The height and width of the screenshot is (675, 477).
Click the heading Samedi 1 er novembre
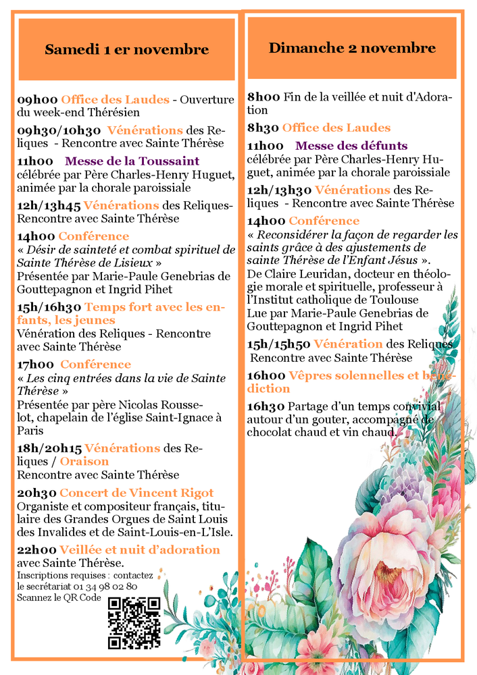pyautogui.click(x=126, y=49)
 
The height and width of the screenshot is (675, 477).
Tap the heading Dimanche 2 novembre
pyautogui.click(x=352, y=48)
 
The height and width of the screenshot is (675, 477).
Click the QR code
pyautogui.click(x=134, y=622)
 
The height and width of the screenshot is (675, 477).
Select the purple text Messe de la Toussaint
pyautogui.click(x=132, y=161)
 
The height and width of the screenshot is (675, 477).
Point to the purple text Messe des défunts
pyautogui.click(x=351, y=145)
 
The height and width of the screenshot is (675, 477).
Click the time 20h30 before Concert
pyautogui.click(x=36, y=493)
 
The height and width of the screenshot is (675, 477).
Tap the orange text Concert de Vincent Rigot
pyautogui.click(x=136, y=493)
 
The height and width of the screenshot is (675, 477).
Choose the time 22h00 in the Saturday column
pyautogui.click(x=36, y=549)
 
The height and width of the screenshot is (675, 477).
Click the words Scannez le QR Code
pyautogui.click(x=59, y=597)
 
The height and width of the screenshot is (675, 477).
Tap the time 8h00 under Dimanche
pyautogui.click(x=263, y=97)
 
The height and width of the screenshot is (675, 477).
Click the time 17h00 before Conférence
pyautogui.click(x=36, y=364)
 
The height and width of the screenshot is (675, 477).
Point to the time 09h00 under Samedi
pyautogui.click(x=36, y=99)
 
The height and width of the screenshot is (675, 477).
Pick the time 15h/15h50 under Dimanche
pyautogui.click(x=278, y=344)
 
